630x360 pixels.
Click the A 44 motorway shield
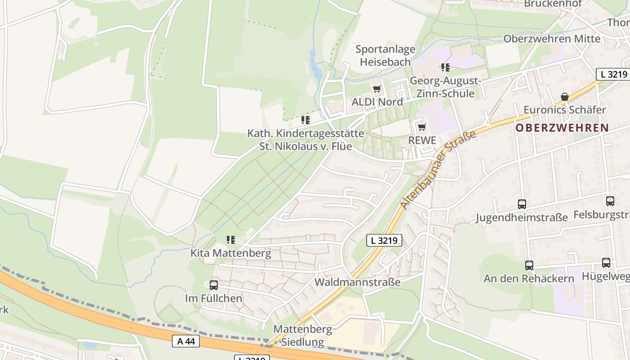pyautogui.click(x=186, y=341)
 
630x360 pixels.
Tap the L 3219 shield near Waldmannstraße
pyautogui.click(x=384, y=240)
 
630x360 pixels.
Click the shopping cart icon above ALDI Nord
pyautogui.click(x=377, y=89)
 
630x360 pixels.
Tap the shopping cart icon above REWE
pyautogui.click(x=422, y=127)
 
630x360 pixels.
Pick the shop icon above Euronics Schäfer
pyautogui.click(x=564, y=97)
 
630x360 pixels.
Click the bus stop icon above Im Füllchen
pyautogui.click(x=214, y=285)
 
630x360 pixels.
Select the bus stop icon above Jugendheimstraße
pyautogui.click(x=522, y=204)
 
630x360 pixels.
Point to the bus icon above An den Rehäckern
pyautogui.click(x=529, y=265)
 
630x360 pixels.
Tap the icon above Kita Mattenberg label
pyautogui.click(x=231, y=240)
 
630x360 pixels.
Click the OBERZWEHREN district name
pyautogui.click(x=562, y=128)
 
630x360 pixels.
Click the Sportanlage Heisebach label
pyautogui.click(x=385, y=55)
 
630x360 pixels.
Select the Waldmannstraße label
pyautogui.click(x=357, y=282)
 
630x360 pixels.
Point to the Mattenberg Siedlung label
pyautogui.click(x=302, y=336)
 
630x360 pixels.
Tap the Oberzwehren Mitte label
pyautogui.click(x=552, y=39)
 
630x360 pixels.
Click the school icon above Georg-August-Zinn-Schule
pyautogui.click(x=445, y=67)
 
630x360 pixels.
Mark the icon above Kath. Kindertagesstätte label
pyautogui.click(x=306, y=120)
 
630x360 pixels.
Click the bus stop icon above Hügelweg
pyautogui.click(x=606, y=263)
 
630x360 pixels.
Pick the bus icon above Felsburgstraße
pyautogui.click(x=610, y=201)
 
